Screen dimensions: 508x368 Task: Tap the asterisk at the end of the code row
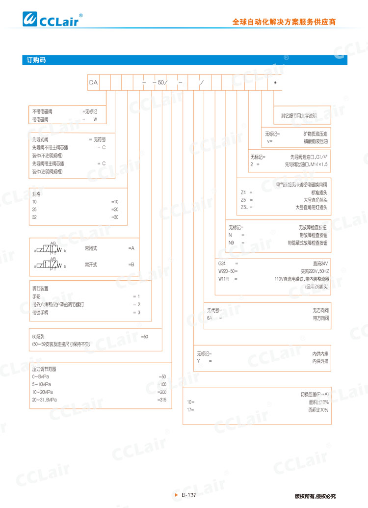(275, 82)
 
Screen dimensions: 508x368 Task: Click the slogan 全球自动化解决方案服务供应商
(284, 22)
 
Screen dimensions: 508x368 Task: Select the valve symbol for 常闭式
(50, 249)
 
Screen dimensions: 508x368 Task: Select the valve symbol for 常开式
(50, 265)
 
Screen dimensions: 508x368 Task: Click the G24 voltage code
(222, 263)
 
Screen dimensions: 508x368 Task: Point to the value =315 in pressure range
(162, 401)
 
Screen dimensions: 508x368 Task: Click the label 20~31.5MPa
(45, 401)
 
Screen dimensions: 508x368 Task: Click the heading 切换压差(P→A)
(315, 394)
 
